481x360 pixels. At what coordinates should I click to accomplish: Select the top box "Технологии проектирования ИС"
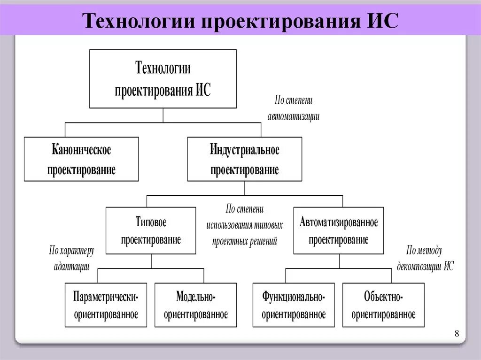(163, 79)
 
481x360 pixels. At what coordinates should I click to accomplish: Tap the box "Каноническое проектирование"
(81, 159)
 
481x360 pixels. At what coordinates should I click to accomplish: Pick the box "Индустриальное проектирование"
(244, 159)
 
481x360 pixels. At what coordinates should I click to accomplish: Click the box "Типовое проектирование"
(151, 230)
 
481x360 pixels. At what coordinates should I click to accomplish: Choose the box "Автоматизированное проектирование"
(338, 230)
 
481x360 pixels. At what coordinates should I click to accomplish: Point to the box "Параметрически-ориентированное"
(106, 305)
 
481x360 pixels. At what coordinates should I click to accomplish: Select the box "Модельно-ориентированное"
(195, 305)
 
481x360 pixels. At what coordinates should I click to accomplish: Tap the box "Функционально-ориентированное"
(294, 305)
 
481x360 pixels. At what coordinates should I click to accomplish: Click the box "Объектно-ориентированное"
(383, 305)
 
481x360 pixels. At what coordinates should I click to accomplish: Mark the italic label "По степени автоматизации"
(294, 108)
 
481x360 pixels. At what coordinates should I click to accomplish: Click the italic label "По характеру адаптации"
(71, 259)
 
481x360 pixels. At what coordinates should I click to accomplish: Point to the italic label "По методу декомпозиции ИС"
(425, 259)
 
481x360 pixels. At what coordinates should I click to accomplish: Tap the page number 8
(457, 334)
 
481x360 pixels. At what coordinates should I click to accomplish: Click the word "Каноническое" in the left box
(81, 151)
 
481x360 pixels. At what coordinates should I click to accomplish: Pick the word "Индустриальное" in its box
(244, 151)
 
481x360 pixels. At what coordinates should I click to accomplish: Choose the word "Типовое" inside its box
(151, 222)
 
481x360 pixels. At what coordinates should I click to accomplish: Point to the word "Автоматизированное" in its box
(338, 222)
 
